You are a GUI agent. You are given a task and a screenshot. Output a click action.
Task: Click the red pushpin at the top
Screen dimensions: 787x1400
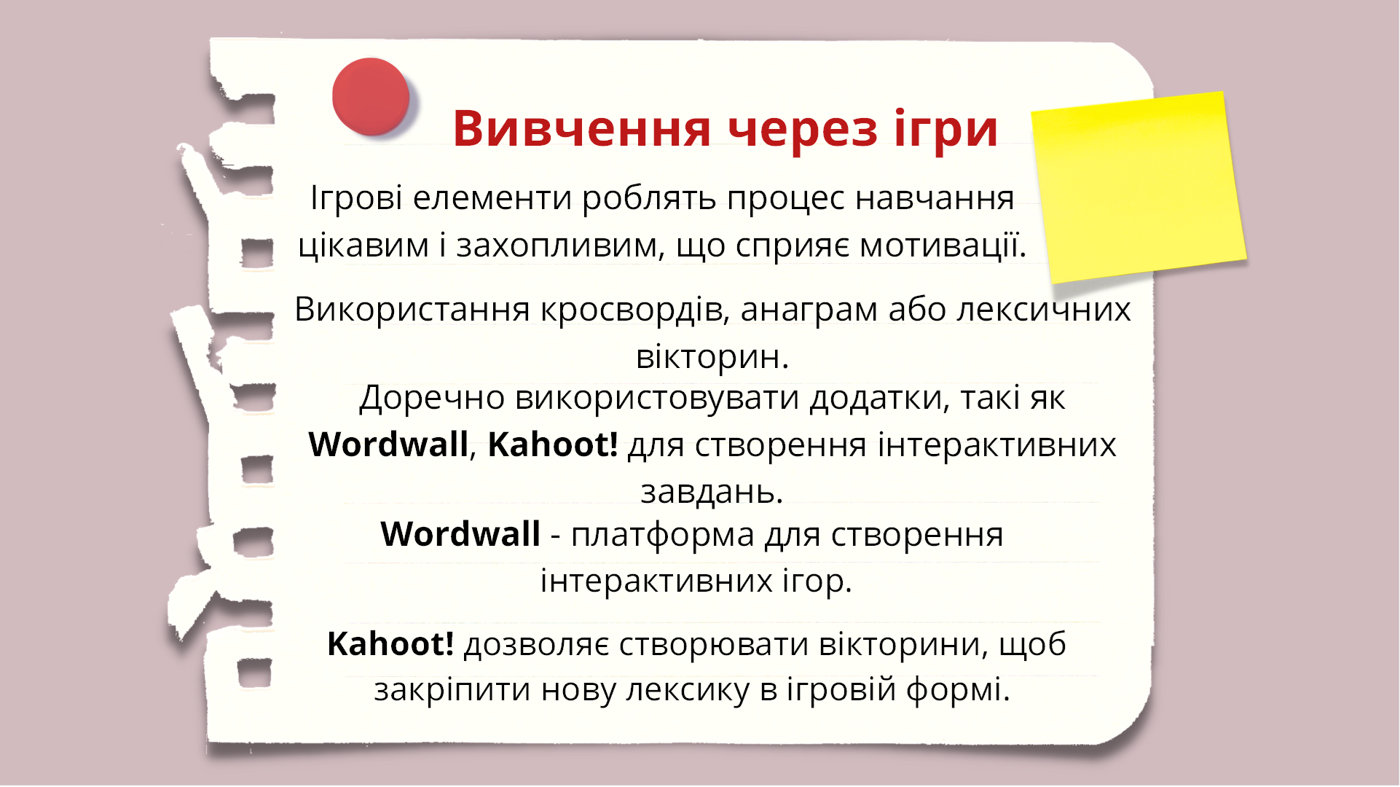pos(371,96)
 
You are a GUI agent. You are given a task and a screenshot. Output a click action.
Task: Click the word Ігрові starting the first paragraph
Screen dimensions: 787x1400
pos(356,198)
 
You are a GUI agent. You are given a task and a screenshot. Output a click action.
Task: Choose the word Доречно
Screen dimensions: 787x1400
pos(432,399)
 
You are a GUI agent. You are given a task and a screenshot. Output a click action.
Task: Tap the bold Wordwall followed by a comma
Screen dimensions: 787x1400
pos(388,445)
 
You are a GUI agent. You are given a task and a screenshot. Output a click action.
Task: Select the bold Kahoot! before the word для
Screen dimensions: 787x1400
pos(553,445)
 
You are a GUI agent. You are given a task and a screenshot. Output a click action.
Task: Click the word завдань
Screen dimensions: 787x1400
pos(711,492)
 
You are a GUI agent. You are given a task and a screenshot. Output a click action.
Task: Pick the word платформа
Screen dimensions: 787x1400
pos(662,536)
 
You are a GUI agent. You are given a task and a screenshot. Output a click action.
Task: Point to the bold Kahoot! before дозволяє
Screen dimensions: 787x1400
pos(390,644)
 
